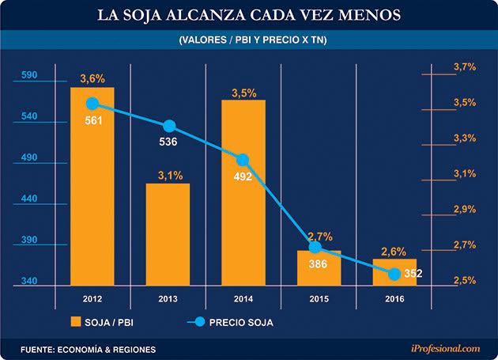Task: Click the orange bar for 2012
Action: coord(92,190)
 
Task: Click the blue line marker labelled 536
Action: coord(168,127)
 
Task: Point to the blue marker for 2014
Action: coord(243,160)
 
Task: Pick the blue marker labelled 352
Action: coord(394,274)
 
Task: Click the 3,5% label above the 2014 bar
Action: coord(243,93)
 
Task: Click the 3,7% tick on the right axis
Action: coord(464,67)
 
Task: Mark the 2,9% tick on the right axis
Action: coord(464,209)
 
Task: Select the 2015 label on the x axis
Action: coord(319,298)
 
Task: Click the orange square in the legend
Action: coord(77,322)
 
